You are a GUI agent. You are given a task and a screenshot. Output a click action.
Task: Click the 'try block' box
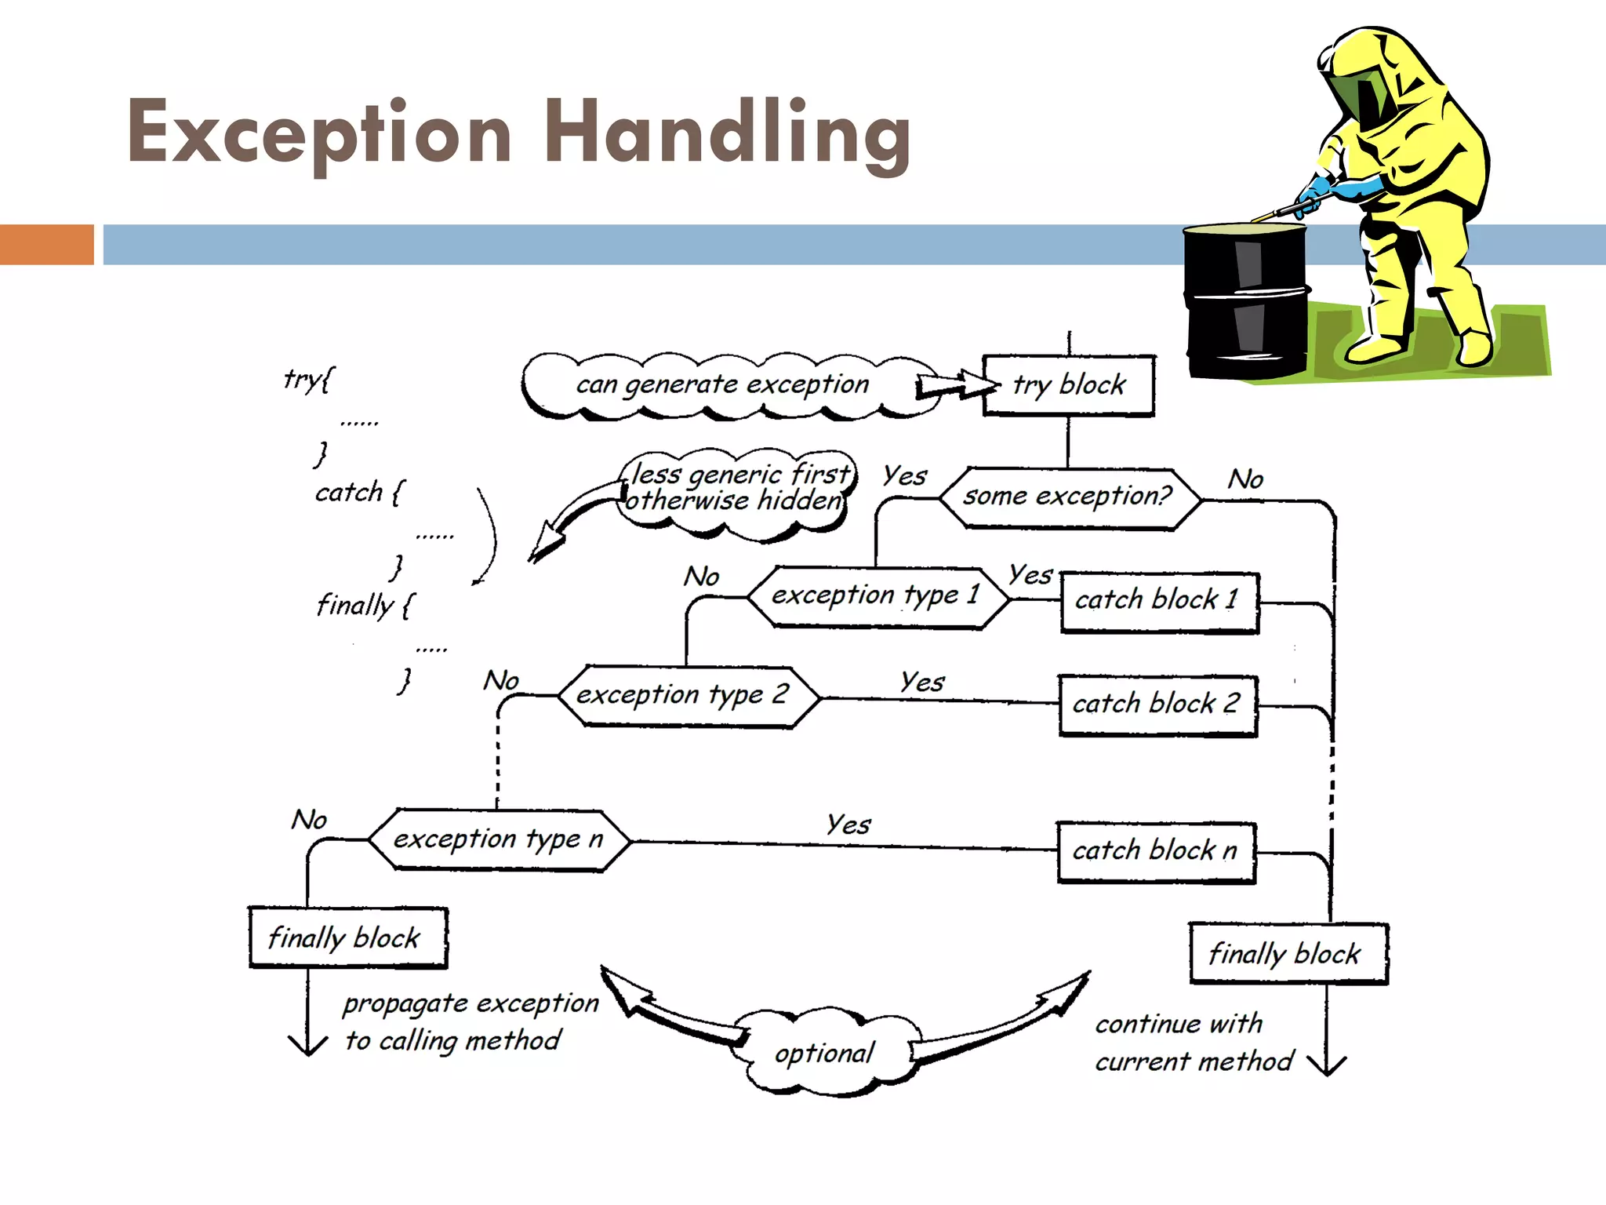(x=1069, y=385)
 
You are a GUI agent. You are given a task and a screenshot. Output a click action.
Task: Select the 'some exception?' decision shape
(x=1069, y=497)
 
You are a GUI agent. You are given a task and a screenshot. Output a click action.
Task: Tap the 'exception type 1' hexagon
(x=877, y=597)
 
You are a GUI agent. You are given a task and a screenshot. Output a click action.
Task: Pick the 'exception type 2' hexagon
(x=685, y=696)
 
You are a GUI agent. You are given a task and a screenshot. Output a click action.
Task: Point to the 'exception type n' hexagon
(x=499, y=840)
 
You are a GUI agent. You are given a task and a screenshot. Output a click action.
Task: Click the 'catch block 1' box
(x=1159, y=602)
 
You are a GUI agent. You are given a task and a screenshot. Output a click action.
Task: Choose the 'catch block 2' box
(x=1157, y=704)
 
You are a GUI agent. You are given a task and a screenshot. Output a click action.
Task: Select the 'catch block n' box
(x=1156, y=851)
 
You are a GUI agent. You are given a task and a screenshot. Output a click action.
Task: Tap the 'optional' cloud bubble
(x=824, y=1054)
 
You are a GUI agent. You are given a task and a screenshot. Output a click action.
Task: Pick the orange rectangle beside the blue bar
(x=46, y=244)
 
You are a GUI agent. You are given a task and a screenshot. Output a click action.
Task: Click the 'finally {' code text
(x=365, y=606)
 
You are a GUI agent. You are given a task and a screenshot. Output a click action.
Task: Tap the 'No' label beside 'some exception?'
(x=1245, y=479)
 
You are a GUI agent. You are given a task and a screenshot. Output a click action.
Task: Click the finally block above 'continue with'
(x=1288, y=953)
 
